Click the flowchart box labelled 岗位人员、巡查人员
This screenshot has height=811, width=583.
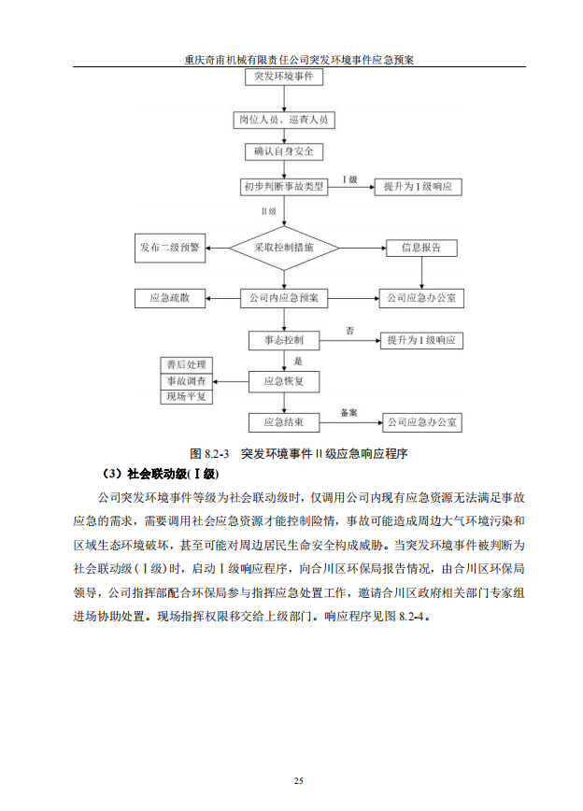[283, 120]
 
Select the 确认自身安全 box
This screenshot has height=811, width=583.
[283, 151]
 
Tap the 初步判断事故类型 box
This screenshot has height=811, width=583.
[283, 187]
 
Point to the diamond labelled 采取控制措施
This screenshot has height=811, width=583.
[283, 249]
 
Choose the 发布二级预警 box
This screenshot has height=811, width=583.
[169, 249]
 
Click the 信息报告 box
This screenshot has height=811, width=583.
[421, 249]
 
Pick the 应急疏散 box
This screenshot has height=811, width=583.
[169, 299]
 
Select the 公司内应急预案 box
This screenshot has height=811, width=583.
[283, 299]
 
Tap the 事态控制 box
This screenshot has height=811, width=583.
[283, 340]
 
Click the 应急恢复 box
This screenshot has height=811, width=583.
[283, 380]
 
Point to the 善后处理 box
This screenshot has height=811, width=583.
[187, 364]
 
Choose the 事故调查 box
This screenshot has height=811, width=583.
[187, 380]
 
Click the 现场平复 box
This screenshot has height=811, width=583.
[187, 396]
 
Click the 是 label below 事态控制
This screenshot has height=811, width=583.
[298, 361]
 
